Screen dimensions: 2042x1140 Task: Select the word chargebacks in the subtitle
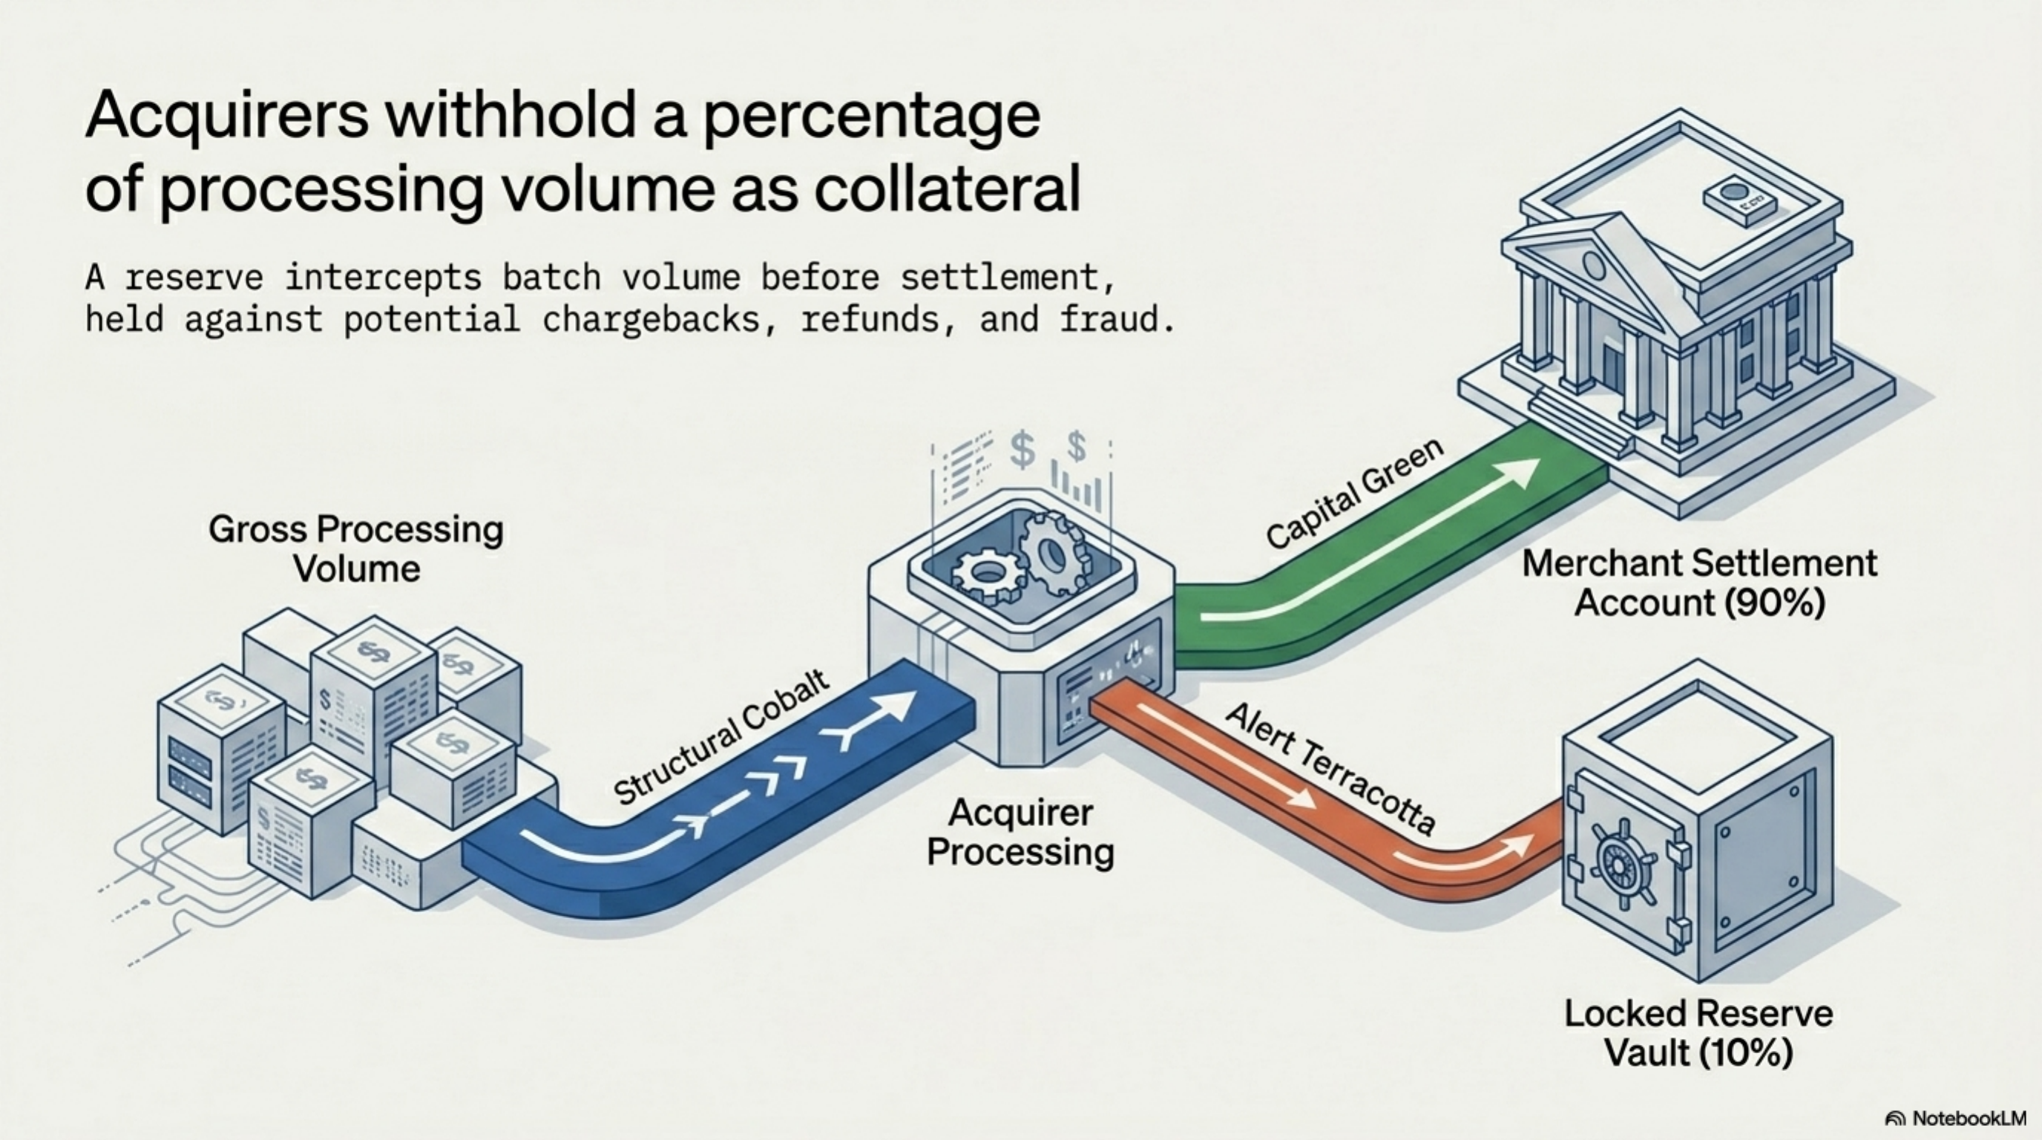tap(660, 319)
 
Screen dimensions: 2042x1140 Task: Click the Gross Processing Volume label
tap(356, 548)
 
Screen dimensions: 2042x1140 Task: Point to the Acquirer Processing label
tap(1021, 833)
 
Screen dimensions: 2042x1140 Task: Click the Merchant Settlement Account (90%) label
tap(1699, 583)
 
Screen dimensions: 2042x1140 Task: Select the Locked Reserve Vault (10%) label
tap(1698, 1033)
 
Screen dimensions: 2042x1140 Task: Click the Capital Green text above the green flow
tap(1354, 492)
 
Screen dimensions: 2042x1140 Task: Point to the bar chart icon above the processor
tap(1077, 485)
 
